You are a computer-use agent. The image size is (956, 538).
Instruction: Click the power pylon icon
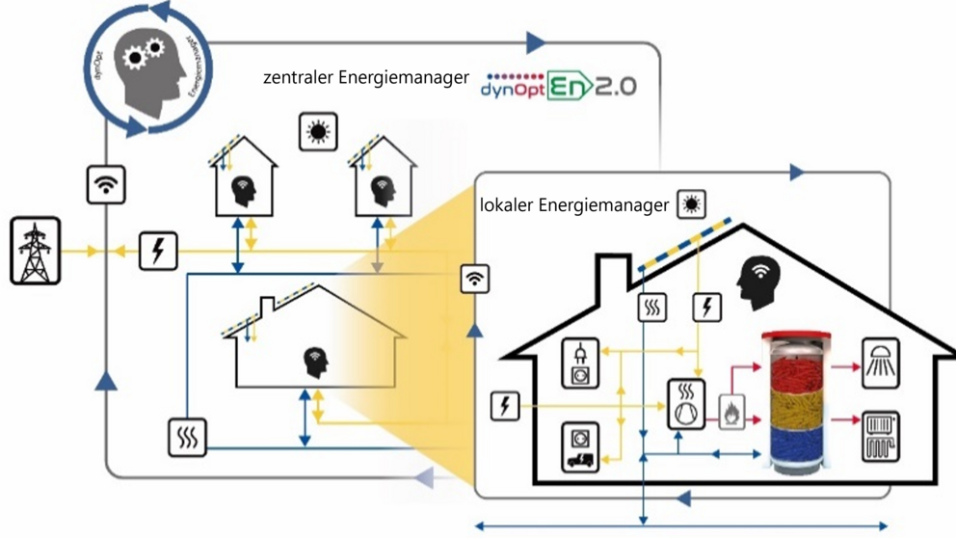(x=36, y=252)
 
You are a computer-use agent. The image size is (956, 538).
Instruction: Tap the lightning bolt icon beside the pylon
(x=159, y=250)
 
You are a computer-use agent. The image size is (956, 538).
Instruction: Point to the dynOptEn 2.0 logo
(x=558, y=86)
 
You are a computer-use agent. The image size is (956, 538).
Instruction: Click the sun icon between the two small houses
(x=318, y=132)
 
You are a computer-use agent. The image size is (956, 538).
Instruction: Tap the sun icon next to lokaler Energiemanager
(x=691, y=204)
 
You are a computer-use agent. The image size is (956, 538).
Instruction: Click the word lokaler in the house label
(x=507, y=205)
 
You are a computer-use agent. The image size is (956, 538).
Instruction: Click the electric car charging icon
(x=581, y=446)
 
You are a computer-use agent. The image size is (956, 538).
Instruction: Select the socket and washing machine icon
(x=581, y=363)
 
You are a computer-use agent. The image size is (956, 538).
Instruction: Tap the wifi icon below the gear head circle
(x=106, y=183)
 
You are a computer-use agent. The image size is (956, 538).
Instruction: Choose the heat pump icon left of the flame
(x=686, y=404)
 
